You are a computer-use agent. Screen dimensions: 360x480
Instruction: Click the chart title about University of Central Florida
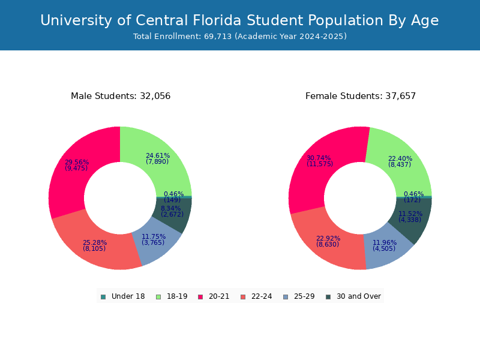pos(239,21)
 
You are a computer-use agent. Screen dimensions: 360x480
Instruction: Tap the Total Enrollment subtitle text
pos(239,37)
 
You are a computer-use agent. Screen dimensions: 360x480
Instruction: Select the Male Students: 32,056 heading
pos(121,96)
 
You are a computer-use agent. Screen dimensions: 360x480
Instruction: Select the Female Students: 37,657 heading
pos(360,96)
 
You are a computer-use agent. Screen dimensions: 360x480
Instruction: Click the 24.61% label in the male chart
pos(158,156)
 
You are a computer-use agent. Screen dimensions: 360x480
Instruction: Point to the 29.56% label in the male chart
pos(77,163)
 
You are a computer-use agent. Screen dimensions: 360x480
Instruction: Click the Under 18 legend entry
pos(123,296)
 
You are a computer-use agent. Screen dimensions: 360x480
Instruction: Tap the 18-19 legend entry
pos(172,296)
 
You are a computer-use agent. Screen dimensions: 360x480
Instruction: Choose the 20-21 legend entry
pos(214,296)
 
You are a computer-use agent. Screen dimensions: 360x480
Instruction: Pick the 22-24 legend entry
pos(256,296)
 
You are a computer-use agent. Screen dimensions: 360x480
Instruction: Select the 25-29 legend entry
pos(298,296)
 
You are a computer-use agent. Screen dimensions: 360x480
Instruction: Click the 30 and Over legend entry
pos(353,296)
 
